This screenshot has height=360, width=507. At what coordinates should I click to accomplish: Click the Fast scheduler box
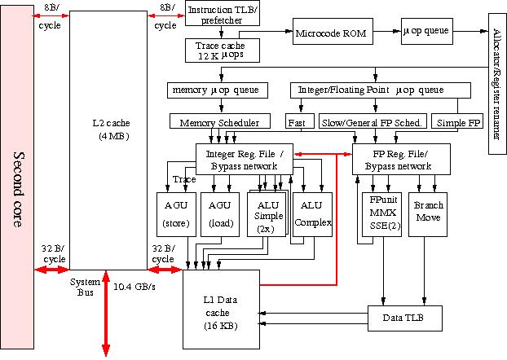coord(296,122)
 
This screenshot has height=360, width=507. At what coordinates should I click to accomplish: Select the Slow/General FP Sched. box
coord(373,122)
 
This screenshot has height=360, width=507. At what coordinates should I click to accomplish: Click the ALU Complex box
coord(313,213)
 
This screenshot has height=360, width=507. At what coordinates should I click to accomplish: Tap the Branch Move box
coord(429,213)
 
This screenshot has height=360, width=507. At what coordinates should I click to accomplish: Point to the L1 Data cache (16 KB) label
coord(220,314)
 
